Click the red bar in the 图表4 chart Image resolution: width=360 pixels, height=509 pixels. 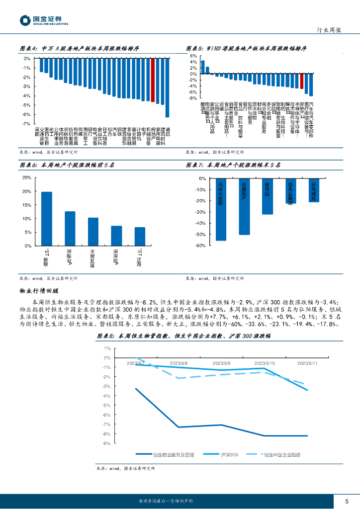153,80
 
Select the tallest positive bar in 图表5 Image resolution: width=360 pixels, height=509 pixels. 203,68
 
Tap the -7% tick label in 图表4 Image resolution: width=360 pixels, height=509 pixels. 26,123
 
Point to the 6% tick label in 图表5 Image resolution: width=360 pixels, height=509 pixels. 194,56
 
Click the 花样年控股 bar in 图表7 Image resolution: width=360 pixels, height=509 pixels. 221,209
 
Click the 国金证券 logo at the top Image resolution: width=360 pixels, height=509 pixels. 44,20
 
